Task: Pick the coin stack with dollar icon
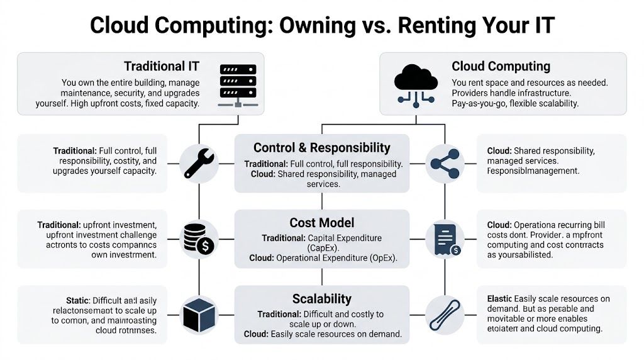coord(199,239)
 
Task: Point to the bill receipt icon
coord(445,239)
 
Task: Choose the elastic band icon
coord(445,313)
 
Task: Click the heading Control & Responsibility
coord(321,148)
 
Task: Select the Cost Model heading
coord(321,223)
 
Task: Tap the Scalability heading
coord(321,298)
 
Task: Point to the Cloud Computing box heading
coord(501,67)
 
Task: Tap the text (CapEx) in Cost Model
coord(321,248)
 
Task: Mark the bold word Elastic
coord(499,298)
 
